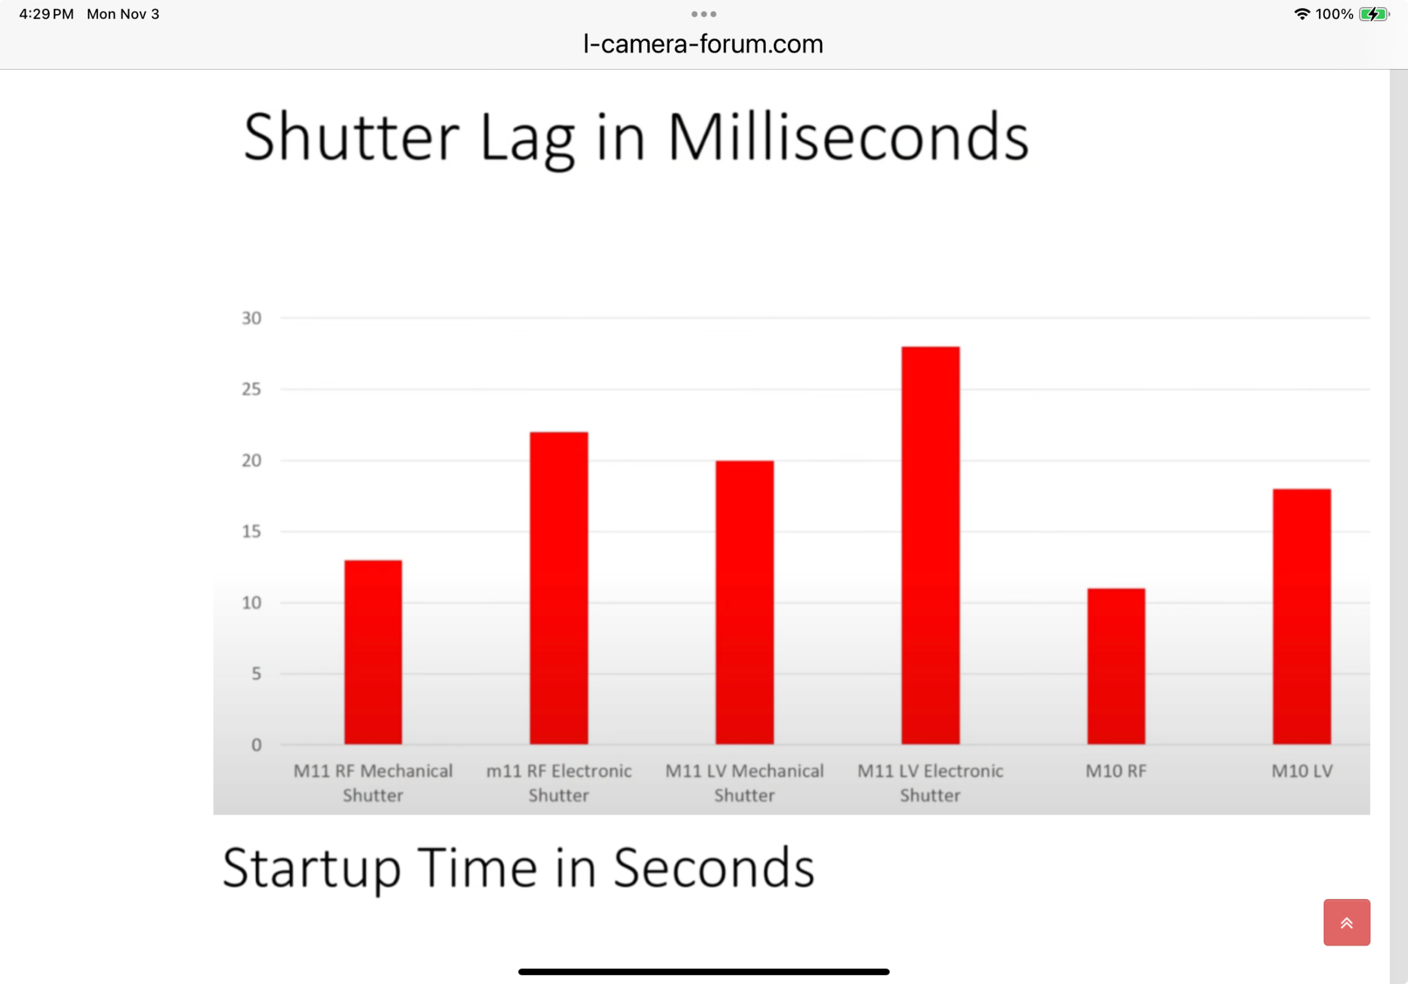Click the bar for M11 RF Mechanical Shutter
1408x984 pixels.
point(373,652)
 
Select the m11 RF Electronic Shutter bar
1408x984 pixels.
point(558,588)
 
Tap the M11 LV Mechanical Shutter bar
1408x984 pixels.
point(744,602)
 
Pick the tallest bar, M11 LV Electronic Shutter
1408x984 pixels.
point(930,546)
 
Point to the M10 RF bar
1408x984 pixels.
point(1116,666)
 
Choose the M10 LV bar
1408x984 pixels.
point(1302,616)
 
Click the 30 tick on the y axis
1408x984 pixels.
point(251,318)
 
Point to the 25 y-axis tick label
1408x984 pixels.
point(251,389)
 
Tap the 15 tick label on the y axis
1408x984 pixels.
point(251,531)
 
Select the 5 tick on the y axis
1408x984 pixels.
point(257,674)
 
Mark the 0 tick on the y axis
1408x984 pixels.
point(257,745)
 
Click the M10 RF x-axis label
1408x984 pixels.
point(1116,771)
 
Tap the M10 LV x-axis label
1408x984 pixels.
point(1302,771)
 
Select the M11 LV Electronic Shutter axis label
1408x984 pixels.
point(930,783)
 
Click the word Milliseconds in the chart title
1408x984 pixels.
point(848,137)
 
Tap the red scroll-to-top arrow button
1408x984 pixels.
point(1347,922)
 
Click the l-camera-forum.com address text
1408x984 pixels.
point(703,44)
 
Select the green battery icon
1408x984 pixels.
point(1374,14)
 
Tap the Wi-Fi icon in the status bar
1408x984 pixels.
point(1302,14)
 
